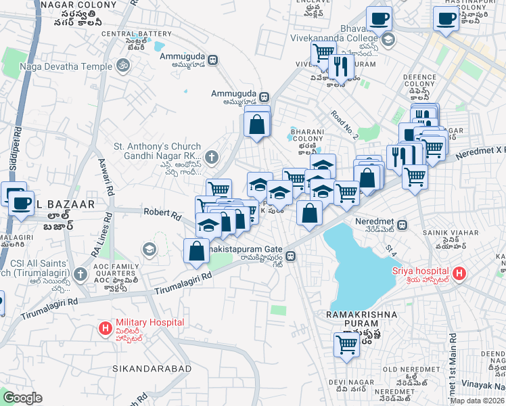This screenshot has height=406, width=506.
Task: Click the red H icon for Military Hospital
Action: point(106,329)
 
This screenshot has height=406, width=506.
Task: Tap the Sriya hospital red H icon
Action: point(460,275)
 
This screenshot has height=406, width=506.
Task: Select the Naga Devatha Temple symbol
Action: point(122,66)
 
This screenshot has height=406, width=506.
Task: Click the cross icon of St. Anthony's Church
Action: point(211,158)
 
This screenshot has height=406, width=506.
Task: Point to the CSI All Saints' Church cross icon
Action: point(80,274)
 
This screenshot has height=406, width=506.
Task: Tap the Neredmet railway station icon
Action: point(402,225)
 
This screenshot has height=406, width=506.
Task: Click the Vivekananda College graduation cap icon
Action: point(388,39)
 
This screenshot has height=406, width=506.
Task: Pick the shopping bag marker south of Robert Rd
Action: point(195,250)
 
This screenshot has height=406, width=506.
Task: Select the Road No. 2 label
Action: point(344,126)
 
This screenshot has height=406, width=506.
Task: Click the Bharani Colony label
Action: point(307,135)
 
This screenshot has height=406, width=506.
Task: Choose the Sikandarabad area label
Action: point(143,371)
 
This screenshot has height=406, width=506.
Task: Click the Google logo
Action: point(23,398)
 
